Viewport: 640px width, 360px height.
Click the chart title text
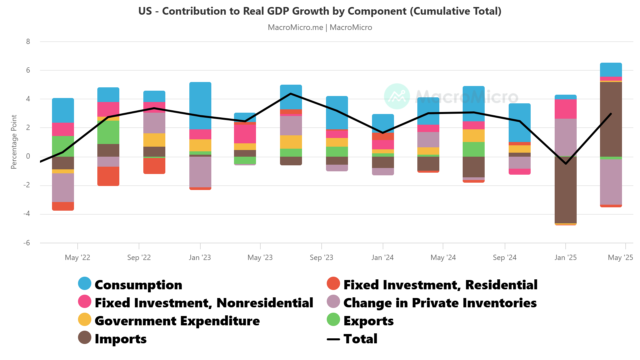(320, 11)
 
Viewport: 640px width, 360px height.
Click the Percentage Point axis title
(14, 142)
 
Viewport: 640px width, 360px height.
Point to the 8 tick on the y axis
(28, 42)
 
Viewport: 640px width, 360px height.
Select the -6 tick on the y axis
(27, 243)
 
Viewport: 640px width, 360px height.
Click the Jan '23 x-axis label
(200, 257)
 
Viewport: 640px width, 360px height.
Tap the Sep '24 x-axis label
(504, 257)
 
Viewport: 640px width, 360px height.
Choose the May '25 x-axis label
(620, 257)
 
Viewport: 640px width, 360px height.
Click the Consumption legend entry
(138, 285)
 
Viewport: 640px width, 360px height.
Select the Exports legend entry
(368, 321)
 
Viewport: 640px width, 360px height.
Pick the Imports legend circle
(85, 337)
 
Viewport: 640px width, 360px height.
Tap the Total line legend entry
(360, 339)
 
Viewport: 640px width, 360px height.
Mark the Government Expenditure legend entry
(177, 321)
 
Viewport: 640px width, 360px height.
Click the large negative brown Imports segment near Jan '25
(565, 190)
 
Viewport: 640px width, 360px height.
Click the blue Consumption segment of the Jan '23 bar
(200, 105)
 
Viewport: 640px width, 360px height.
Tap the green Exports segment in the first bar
(63, 146)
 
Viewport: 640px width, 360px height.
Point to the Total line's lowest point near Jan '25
(566, 164)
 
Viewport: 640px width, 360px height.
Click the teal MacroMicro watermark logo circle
(397, 96)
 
